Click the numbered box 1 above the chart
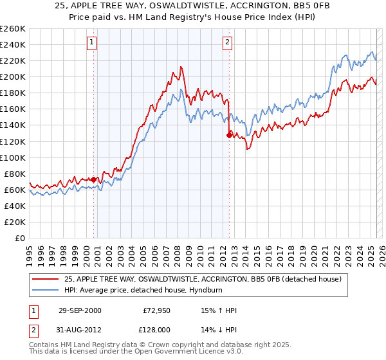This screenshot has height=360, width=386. pos(92,43)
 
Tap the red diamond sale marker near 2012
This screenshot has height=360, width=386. pos(229,135)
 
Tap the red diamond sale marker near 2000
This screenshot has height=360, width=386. pos(94,179)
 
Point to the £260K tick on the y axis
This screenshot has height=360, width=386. pos(13,29)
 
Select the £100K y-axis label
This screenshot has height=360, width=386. pos(13,157)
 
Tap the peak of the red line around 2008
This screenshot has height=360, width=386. pos(182,66)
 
